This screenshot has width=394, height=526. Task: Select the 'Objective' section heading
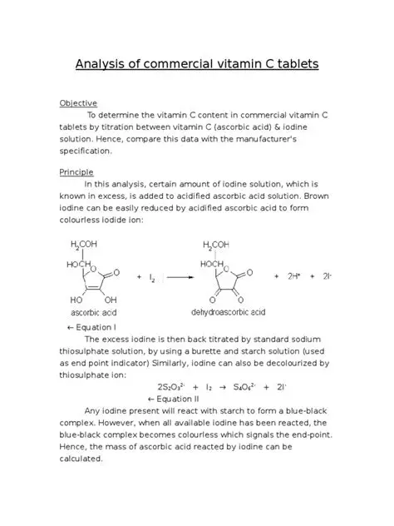point(78,102)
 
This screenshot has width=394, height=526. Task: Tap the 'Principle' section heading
point(76,171)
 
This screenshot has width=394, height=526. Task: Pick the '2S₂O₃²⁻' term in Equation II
point(174,386)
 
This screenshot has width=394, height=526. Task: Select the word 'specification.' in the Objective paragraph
point(90,151)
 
